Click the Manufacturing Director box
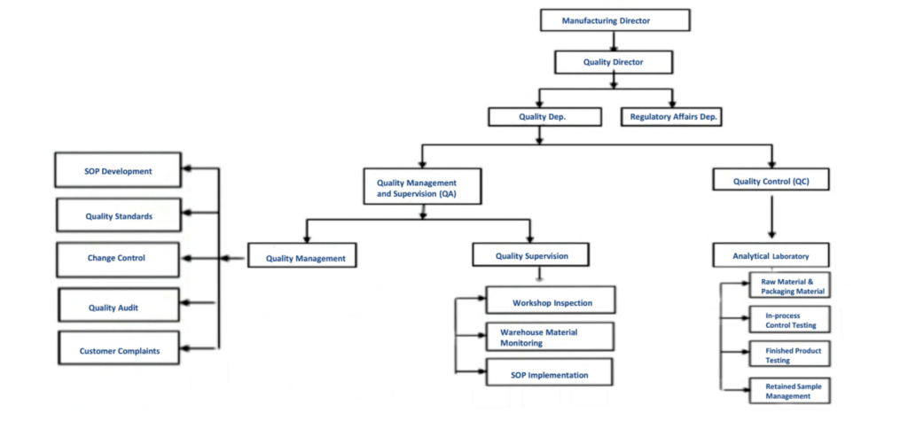point(614,20)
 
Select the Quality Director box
point(614,62)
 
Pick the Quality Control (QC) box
point(771,182)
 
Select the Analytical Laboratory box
point(771,257)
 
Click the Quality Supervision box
point(531,256)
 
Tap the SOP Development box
point(119,171)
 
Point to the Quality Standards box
point(119,215)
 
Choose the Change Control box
point(119,258)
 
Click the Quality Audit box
point(119,307)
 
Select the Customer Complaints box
point(119,350)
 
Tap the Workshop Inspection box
point(551,302)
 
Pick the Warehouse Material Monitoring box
point(551,337)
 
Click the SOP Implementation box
point(551,375)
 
